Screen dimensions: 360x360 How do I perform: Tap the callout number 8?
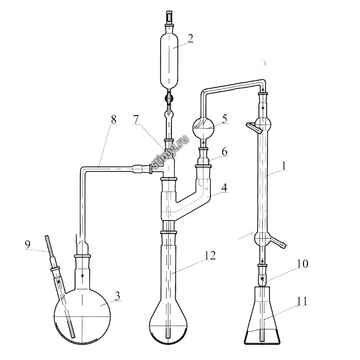coord(114,120)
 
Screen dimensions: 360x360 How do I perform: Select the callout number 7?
coord(136,120)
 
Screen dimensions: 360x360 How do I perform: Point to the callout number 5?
coord(224,119)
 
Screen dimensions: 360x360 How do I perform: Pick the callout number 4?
coord(224,187)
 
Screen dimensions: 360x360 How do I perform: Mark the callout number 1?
coord(284,166)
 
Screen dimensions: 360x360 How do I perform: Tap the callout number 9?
coord(27,245)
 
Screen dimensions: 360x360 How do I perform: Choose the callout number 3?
coord(117,296)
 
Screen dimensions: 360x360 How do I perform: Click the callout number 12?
coord(210,256)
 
